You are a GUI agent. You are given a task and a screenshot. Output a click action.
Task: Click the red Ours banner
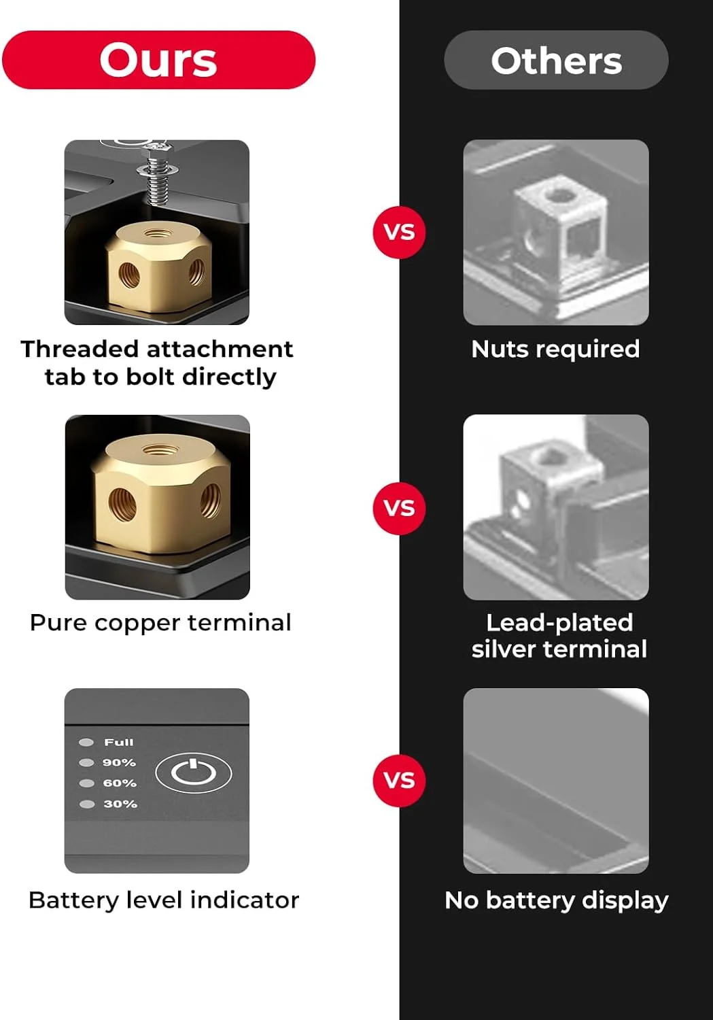[159, 60]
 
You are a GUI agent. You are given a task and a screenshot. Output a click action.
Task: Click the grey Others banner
[556, 60]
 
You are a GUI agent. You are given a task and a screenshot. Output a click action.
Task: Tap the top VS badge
[399, 233]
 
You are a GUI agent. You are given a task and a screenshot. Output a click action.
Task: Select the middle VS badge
[399, 508]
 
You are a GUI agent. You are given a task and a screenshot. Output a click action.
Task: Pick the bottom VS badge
[399, 781]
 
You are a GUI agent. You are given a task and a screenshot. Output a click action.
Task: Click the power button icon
[194, 772]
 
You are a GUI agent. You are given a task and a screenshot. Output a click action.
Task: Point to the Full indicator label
[119, 743]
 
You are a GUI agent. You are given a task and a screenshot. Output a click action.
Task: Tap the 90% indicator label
[119, 763]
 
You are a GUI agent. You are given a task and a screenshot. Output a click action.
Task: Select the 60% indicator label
[120, 783]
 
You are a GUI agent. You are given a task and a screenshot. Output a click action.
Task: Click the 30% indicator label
[120, 804]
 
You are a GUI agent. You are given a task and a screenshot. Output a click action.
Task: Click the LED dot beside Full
[86, 743]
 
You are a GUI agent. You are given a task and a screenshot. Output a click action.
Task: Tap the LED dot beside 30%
[87, 804]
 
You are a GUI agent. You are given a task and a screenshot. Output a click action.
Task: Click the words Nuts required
[555, 350]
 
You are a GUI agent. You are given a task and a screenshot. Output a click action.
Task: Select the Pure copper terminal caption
[160, 622]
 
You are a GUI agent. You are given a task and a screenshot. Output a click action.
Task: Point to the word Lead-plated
[559, 623]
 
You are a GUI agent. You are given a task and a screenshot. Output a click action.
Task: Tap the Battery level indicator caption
[164, 900]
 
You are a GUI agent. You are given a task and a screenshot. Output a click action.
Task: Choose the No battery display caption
[557, 901]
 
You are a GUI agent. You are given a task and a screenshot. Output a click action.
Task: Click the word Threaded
[80, 350]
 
